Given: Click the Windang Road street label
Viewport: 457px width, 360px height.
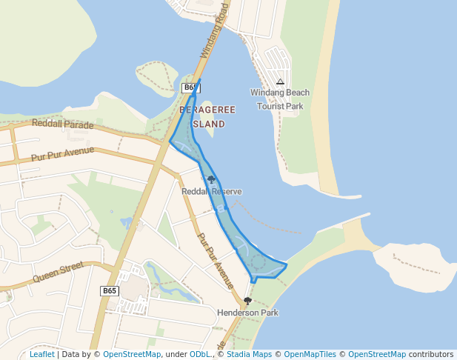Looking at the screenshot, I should pos(213,30).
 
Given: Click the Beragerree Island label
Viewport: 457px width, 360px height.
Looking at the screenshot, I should pos(207,117).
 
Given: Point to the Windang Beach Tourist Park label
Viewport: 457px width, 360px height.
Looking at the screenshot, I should pos(280,99).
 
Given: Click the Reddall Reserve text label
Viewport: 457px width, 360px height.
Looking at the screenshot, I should pos(212,192).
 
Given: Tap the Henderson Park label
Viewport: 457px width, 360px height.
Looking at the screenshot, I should pos(247,313).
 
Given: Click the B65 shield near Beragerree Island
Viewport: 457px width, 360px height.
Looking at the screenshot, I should pos(190,87).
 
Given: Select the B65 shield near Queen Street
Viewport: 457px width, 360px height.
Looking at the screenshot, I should pos(110,291).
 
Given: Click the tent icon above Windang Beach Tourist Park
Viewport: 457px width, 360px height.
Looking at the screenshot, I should pos(280,82).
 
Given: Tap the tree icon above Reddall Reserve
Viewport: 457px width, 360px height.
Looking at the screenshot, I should pos(212,179).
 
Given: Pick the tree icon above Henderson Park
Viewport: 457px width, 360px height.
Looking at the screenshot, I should pos(247,301).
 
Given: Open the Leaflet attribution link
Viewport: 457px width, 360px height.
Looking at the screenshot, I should pos(41,354).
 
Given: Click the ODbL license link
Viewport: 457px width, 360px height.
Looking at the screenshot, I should pos(199,354).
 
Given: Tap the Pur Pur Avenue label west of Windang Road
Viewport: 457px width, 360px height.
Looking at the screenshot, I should pos(63,154).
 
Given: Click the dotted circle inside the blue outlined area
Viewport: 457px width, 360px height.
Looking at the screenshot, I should pos(257,261).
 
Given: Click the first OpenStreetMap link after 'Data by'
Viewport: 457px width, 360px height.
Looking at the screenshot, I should pos(132,354).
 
